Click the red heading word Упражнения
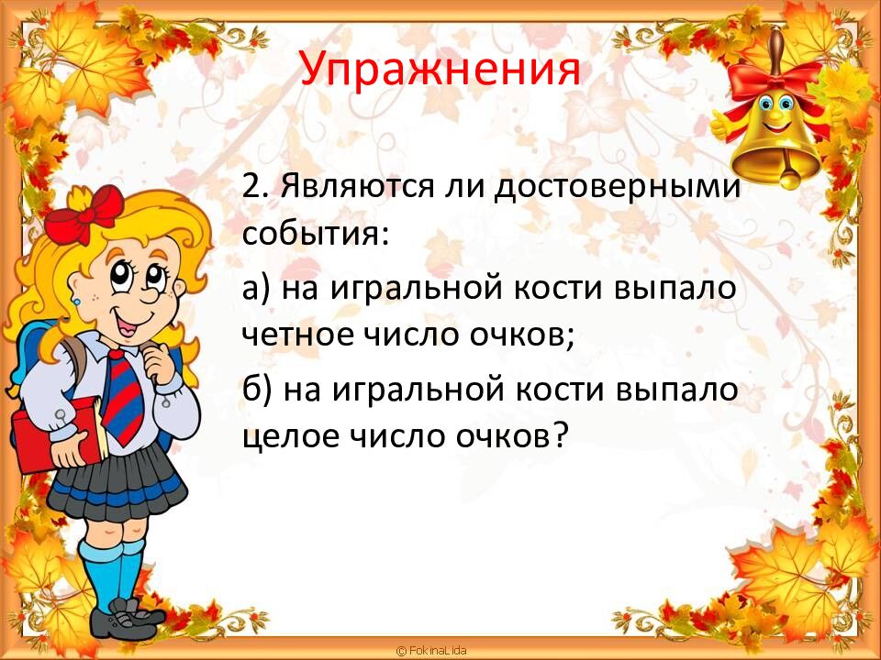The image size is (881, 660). pyautogui.click(x=440, y=68)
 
